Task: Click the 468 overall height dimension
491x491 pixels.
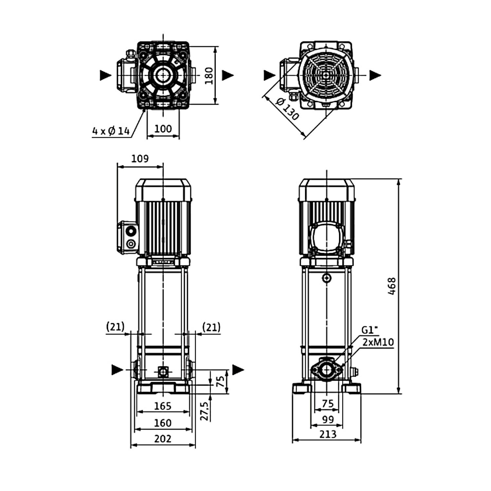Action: coord(391,286)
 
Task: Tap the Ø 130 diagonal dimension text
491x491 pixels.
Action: coord(288,109)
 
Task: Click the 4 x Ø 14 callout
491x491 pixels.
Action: coord(111,131)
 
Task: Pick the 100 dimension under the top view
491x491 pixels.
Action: coord(163,129)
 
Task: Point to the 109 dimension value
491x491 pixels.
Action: coord(140,159)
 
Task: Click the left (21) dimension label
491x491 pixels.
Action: coord(116,327)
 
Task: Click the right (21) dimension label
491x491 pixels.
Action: coord(211,327)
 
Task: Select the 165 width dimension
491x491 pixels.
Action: coord(163,406)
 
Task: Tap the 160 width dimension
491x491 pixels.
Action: coord(163,423)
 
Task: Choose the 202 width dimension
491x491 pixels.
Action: coord(163,439)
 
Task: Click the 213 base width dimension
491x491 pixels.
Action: coord(328,434)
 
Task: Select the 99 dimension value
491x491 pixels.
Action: coord(328,419)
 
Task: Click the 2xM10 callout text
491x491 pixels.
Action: coord(378,342)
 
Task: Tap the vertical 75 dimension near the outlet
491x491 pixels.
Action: coord(221,381)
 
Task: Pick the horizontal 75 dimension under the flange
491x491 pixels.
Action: coord(328,404)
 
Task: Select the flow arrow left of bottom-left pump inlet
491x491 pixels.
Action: coord(117,370)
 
